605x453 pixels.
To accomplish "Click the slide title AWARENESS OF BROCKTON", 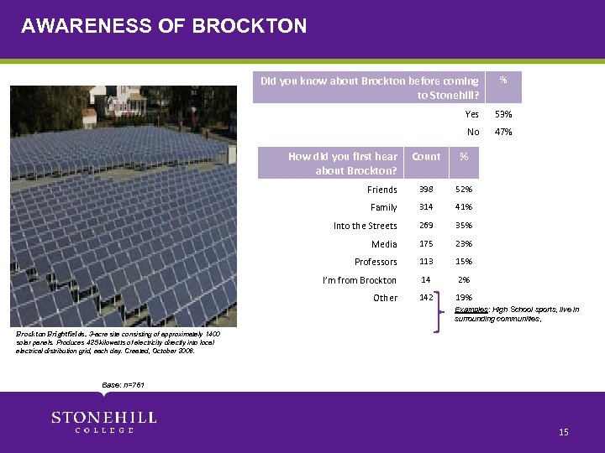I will pyautogui.click(x=164, y=26).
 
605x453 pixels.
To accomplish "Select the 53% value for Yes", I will pyautogui.click(x=503, y=114).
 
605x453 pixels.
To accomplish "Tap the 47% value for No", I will pyautogui.click(x=503, y=132).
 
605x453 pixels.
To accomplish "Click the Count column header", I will pyautogui.click(x=426, y=157).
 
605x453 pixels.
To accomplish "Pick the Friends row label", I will pyautogui.click(x=382, y=190).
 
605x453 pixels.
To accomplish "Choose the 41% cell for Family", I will pyautogui.click(x=464, y=207).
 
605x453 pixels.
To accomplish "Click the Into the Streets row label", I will pyautogui.click(x=365, y=226).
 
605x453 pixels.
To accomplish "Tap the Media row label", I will pyautogui.click(x=384, y=244).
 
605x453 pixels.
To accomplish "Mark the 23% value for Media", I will pyautogui.click(x=464, y=244).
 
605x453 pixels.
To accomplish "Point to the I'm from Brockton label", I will pyautogui.click(x=360, y=280).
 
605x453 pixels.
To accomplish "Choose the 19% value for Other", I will pyautogui.click(x=464, y=298).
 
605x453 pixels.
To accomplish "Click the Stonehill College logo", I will pyautogui.click(x=103, y=422).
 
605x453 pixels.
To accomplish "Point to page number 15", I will pyautogui.click(x=564, y=432).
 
